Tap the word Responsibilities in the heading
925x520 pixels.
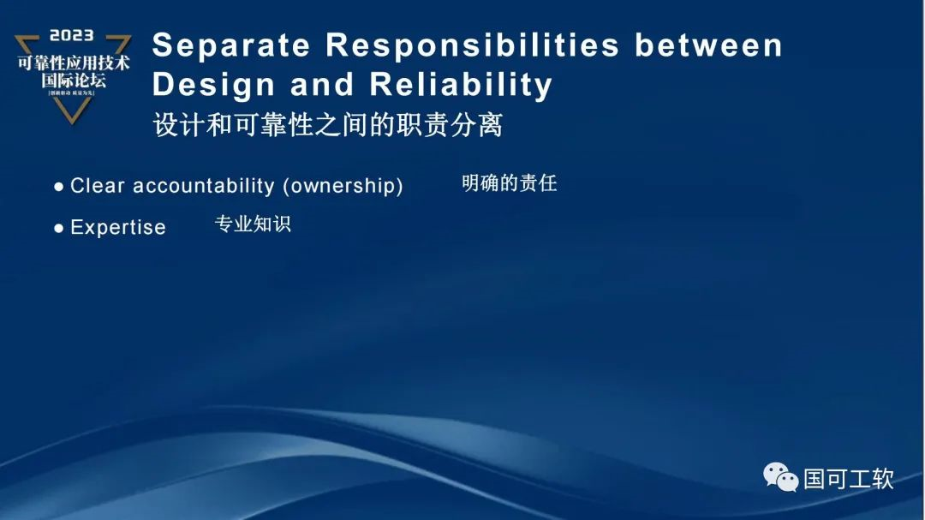473,45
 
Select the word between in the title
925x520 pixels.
708,45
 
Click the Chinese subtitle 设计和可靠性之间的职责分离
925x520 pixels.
327,125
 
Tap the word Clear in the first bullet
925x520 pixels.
98,186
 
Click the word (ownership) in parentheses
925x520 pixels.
343,186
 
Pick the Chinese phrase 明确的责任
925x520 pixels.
509,182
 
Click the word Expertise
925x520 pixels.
118,228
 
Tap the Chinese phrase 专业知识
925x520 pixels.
253,224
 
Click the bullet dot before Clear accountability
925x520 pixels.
58,187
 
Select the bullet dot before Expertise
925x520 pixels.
58,229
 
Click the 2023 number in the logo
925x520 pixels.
72,36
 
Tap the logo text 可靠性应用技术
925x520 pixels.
74,63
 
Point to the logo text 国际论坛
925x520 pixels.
74,81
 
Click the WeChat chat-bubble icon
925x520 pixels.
780,476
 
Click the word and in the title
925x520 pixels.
322,85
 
